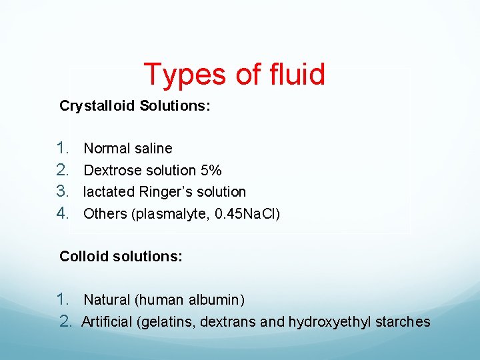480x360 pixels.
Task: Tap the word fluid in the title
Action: (x=291, y=74)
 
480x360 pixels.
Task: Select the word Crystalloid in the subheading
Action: (x=97, y=106)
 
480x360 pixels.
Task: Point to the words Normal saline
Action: (x=128, y=149)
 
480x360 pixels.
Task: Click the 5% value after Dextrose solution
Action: (x=211, y=170)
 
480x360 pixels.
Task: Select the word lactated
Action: (x=109, y=192)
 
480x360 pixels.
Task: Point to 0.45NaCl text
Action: (x=249, y=214)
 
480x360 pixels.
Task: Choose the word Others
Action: (x=103, y=214)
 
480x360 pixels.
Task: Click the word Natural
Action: (x=107, y=301)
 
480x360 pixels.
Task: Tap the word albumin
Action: (x=218, y=301)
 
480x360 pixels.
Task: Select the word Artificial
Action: (x=107, y=322)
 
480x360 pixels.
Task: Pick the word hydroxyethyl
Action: (x=329, y=323)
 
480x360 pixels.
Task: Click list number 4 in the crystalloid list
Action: (x=63, y=213)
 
